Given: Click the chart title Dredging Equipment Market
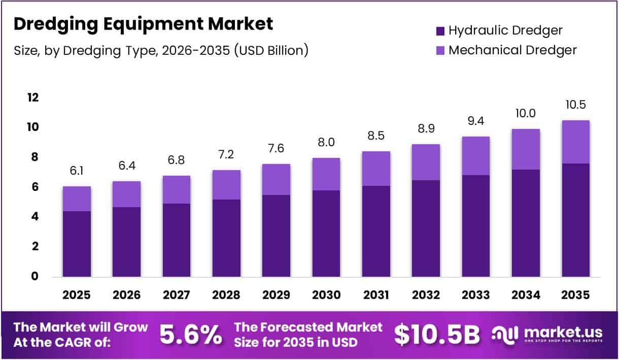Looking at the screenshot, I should [143, 24].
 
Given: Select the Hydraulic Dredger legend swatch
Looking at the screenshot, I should [440, 31].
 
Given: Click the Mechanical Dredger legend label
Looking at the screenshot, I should [512, 50].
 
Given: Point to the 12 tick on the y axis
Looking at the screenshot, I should [32, 97].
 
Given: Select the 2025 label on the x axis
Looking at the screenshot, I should [77, 295].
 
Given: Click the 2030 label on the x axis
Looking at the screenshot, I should [326, 295].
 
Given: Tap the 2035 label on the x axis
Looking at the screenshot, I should [575, 295].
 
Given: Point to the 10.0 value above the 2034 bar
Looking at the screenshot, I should [526, 114].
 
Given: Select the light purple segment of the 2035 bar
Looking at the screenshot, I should [575, 142].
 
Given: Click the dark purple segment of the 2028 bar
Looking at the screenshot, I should [226, 238].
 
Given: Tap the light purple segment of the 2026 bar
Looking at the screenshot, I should [126, 194].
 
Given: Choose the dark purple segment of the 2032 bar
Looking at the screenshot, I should [426, 228].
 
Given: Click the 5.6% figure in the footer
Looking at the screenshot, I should [191, 334].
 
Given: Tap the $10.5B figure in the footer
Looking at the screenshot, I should [437, 334].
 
